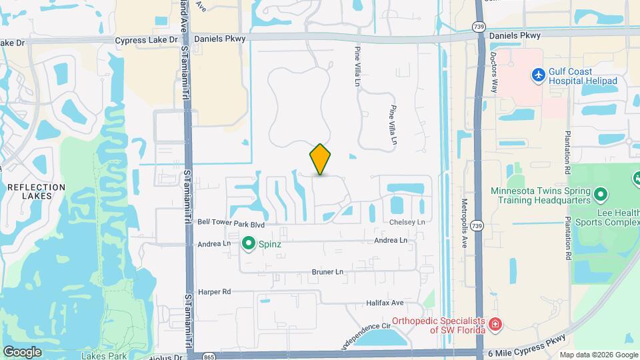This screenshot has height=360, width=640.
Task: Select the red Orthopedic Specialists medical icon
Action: pyautogui.click(x=495, y=325)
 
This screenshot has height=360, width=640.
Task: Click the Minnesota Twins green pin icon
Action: pyautogui.click(x=601, y=195)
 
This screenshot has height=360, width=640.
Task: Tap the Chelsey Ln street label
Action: pyautogui.click(x=407, y=222)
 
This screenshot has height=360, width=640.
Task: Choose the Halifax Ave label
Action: pyautogui.click(x=385, y=303)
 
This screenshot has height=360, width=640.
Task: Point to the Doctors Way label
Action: pyautogui.click(x=495, y=73)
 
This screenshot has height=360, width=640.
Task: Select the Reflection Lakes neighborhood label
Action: pyautogui.click(x=36, y=192)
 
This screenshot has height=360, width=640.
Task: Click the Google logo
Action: pyautogui.click(x=22, y=352)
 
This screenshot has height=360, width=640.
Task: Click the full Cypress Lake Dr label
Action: pyautogui.click(x=147, y=40)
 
